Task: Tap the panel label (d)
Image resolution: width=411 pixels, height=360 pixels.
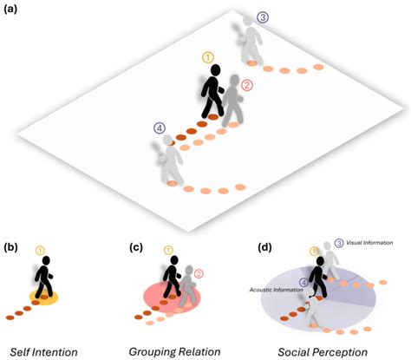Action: click(264, 248)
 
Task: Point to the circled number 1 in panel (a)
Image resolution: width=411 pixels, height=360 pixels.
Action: click(208, 58)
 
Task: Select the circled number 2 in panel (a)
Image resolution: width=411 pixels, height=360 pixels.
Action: click(246, 85)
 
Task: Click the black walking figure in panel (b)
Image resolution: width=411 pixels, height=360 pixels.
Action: click(44, 278)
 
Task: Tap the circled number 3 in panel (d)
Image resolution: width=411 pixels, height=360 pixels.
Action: click(339, 243)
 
